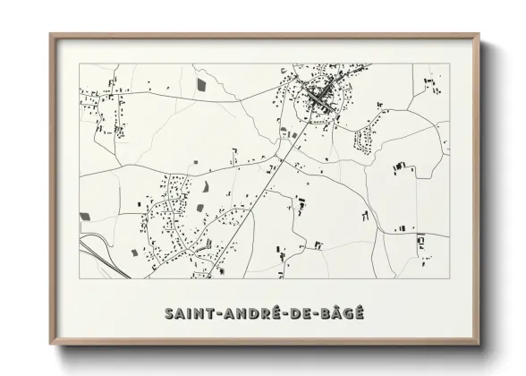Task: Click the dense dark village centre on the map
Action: pos(320,94)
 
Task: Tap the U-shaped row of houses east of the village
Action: pos(366,140)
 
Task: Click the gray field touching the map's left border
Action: pos(86,216)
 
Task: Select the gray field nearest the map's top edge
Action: pos(200,83)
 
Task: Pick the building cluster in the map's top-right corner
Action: pos(433,85)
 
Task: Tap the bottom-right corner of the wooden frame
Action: pos(481,345)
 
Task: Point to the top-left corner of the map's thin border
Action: pos(80,64)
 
